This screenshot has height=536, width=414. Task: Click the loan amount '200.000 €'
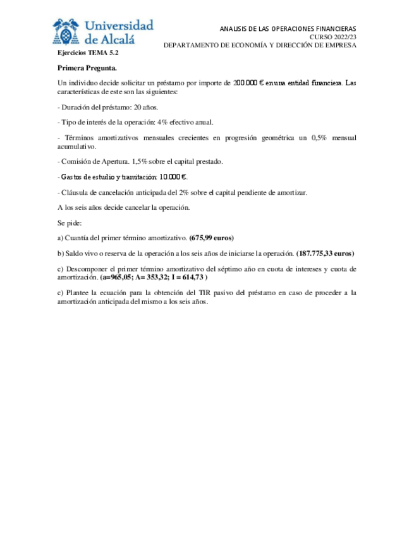click(x=248, y=83)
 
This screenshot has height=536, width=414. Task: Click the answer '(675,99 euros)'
click(x=212, y=238)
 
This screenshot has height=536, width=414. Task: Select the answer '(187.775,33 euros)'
click(x=325, y=253)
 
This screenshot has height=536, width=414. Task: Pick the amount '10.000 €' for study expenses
click(x=173, y=177)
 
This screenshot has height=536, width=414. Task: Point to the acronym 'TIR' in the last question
click(x=228, y=293)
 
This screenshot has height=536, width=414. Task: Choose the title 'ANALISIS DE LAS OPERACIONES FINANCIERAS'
click(x=288, y=29)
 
